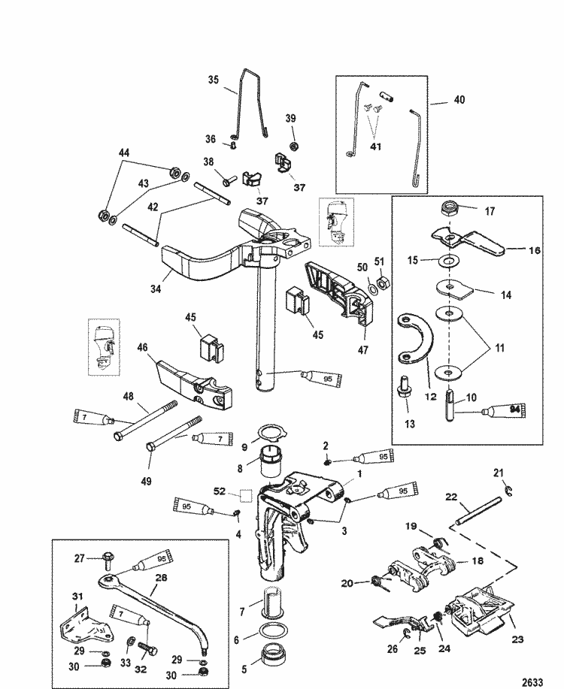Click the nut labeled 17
[453, 210]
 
